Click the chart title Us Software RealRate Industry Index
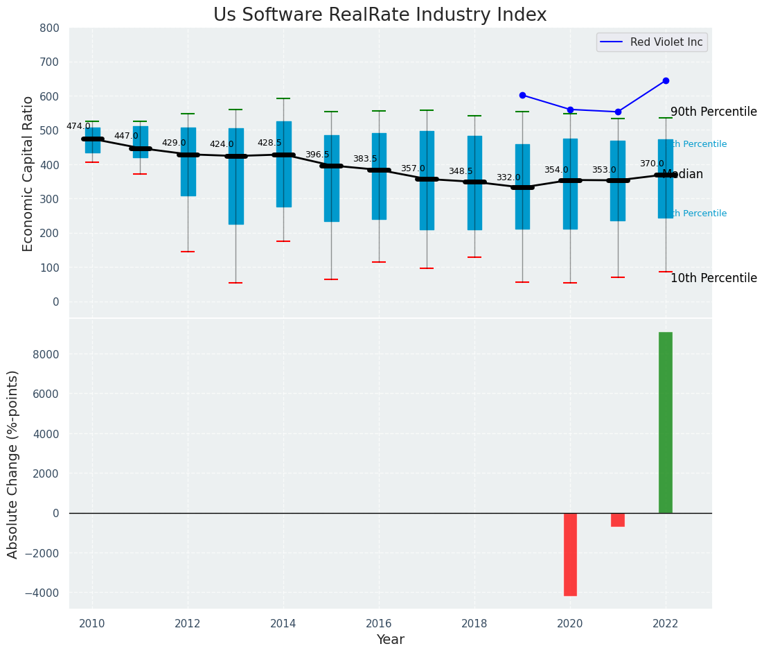click(380, 15)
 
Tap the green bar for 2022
click(665, 422)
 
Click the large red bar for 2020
click(570, 554)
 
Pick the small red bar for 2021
click(618, 519)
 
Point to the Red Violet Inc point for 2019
click(522, 95)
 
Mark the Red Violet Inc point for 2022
click(666, 80)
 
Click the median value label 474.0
click(78, 126)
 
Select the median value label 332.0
click(508, 178)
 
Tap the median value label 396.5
click(317, 155)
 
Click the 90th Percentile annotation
click(713, 112)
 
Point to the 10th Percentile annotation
click(713, 278)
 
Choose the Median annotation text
click(683, 175)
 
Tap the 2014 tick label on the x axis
click(283, 624)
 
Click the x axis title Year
click(390, 640)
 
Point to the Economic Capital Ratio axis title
click(28, 173)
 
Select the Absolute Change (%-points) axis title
click(13, 464)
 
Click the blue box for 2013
click(236, 176)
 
